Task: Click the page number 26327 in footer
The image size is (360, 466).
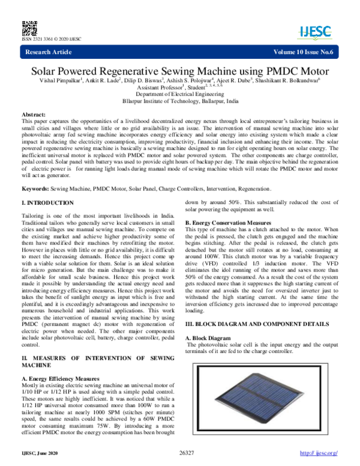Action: tap(188, 451)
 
